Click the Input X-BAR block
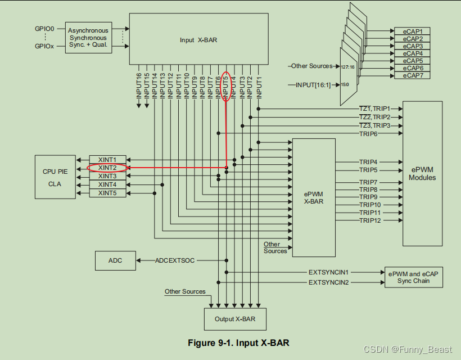(195, 40)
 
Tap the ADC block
(115, 260)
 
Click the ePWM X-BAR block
(313, 197)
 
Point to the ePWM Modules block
(422, 173)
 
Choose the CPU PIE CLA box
(55, 176)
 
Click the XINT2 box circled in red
(107, 168)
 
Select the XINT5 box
(107, 193)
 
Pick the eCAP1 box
(416, 31)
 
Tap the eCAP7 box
(416, 75)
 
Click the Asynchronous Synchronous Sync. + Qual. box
(88, 38)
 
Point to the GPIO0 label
(43, 28)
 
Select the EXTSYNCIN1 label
(328, 272)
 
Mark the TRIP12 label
(369, 220)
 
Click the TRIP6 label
(368, 134)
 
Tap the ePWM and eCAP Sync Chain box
(412, 277)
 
